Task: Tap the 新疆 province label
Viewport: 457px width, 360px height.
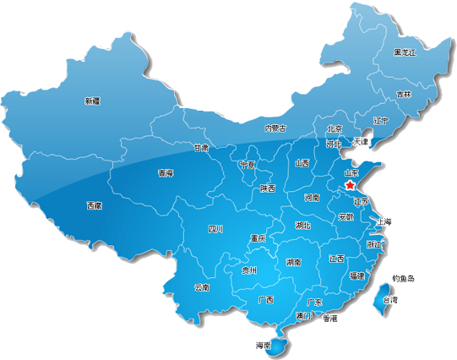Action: click(x=92, y=101)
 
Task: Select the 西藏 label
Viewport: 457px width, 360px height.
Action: click(x=95, y=205)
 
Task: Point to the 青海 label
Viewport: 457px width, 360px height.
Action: click(x=166, y=173)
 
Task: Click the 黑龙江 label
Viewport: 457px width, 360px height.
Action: click(x=405, y=52)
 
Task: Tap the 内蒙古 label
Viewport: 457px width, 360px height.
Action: click(x=275, y=128)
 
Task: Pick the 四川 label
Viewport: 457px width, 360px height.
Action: click(x=215, y=229)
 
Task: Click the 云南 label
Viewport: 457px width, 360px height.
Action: click(x=201, y=287)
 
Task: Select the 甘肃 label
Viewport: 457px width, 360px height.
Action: click(x=201, y=147)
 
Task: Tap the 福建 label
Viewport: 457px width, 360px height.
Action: click(x=356, y=275)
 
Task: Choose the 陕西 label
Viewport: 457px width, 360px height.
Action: click(x=268, y=188)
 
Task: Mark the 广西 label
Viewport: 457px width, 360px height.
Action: click(x=265, y=299)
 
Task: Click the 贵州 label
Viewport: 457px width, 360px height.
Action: click(x=248, y=271)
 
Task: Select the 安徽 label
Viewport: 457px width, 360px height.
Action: click(x=345, y=217)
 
